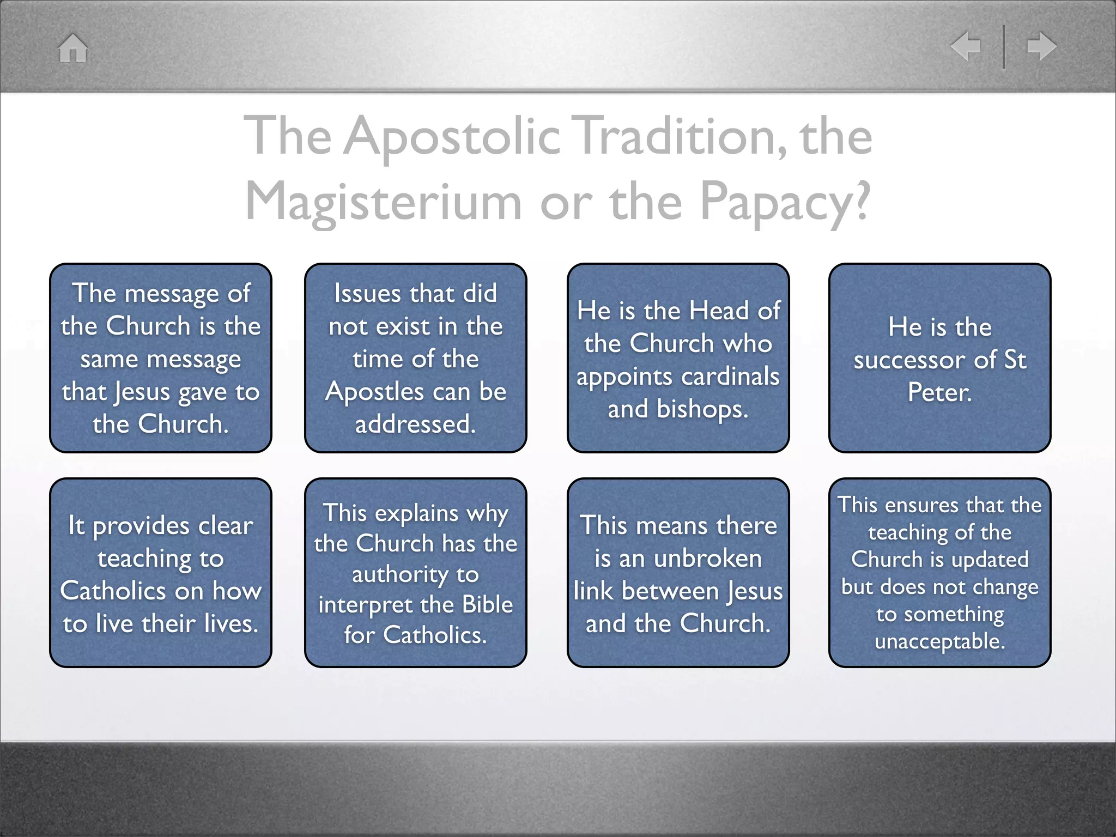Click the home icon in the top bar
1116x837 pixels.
pos(73,48)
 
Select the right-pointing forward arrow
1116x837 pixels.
pos(1041,46)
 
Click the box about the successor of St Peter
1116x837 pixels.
pos(939,357)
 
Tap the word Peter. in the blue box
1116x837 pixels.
pos(939,392)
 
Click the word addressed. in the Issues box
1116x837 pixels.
pos(415,424)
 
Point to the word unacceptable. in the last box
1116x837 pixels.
pos(939,641)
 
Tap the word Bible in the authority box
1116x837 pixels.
pos(487,604)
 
